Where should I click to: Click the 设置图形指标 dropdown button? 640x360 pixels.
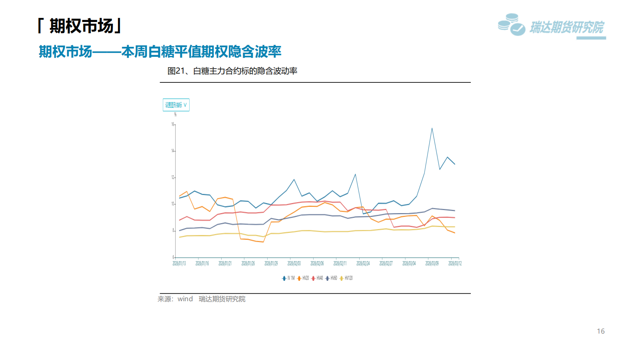click(x=176, y=105)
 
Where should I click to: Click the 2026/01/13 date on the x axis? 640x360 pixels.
click(x=179, y=263)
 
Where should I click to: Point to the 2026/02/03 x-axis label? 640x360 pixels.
click(x=294, y=263)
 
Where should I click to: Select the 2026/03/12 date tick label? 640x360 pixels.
click(x=455, y=263)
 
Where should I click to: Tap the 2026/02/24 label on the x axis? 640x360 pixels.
click(x=363, y=263)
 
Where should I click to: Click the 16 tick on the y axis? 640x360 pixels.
click(x=173, y=124)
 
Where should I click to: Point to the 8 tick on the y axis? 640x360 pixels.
click(x=173, y=230)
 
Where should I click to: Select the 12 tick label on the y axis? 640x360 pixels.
click(x=173, y=177)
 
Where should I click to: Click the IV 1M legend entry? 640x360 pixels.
click(x=288, y=278)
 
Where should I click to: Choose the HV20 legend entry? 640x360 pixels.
click(x=303, y=278)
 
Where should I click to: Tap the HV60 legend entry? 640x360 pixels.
click(x=332, y=278)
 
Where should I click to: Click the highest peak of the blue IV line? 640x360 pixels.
click(x=432, y=128)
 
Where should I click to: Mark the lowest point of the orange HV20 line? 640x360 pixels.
click(x=263, y=242)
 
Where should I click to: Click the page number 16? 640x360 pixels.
click(x=600, y=331)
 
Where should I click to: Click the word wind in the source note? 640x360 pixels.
click(x=185, y=299)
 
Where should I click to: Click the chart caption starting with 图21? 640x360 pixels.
click(x=232, y=71)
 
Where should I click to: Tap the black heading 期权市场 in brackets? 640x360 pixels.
click(x=80, y=26)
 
